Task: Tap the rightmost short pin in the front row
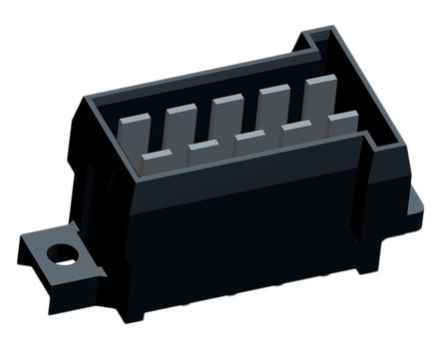(x=341, y=119)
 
